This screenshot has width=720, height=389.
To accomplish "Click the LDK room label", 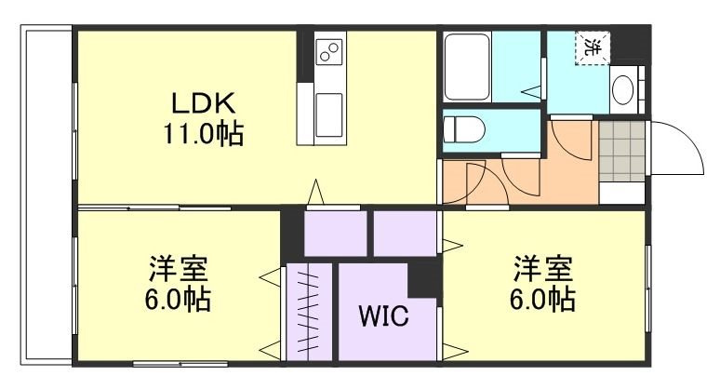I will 205,102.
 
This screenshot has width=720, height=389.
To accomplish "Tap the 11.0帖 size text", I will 205,134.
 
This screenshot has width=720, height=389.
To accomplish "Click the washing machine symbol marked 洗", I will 593,47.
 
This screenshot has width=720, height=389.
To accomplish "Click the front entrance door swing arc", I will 679,149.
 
